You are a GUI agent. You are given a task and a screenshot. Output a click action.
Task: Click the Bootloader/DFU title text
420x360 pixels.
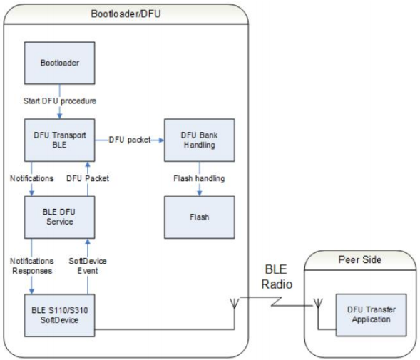tap(126, 14)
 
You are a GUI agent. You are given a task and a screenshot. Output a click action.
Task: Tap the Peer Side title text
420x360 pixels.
tap(360, 260)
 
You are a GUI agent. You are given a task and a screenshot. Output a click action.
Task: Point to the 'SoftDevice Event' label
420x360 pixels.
tap(87, 266)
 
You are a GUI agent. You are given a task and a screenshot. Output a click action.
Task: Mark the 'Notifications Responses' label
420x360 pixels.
tap(31, 266)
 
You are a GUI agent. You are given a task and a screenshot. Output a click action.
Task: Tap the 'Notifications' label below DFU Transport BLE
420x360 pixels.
tap(31, 178)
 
